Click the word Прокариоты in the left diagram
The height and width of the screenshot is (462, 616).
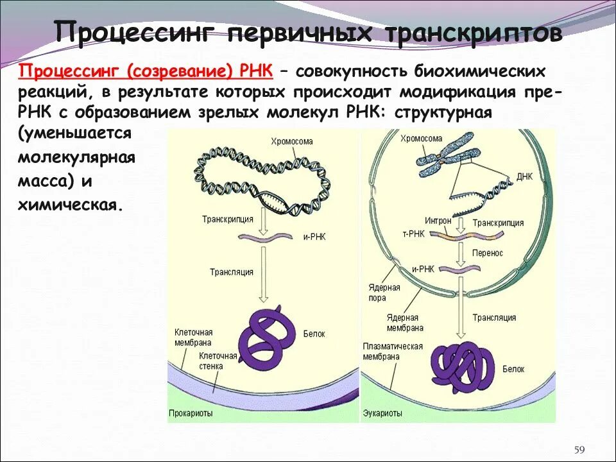(191, 413)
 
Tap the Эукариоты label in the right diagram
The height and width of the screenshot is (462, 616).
(382, 413)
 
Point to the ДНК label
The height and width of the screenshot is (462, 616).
(526, 175)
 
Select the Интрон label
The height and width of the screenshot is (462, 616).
(438, 220)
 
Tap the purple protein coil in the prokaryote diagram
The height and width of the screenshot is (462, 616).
(265, 340)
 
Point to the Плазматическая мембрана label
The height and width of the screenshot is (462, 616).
(392, 351)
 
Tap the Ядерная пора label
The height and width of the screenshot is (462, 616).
(384, 293)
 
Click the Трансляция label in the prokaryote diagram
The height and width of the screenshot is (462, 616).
(232, 272)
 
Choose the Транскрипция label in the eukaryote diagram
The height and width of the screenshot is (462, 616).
(498, 223)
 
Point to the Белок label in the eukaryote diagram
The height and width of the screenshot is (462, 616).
(513, 369)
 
